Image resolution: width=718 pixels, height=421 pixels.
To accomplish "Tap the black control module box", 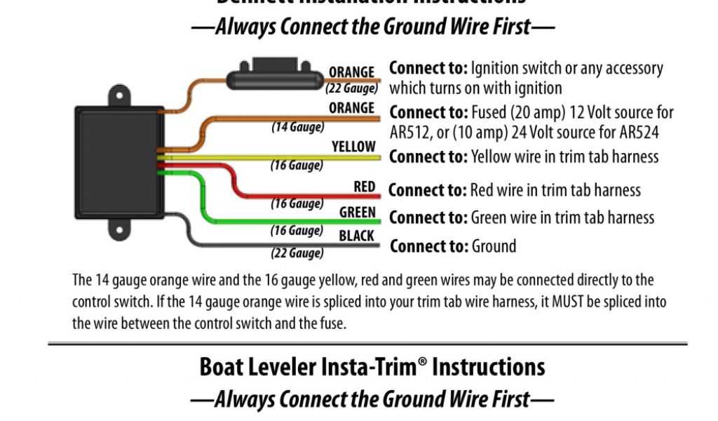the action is pos(119,162).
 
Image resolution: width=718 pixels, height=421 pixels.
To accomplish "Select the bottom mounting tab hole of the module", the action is pos(119,229).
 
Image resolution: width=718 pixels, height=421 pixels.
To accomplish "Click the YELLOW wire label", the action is pos(353,147).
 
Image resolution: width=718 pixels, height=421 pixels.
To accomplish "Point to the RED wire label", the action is pos(364,187).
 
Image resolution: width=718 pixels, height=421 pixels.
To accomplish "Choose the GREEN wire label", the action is pos(357,212).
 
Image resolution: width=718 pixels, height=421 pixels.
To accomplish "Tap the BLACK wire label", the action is pos(356,236).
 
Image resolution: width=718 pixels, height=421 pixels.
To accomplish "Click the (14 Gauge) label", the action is pos(298,127).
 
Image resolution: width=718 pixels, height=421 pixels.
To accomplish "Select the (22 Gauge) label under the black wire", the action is pos(297,253).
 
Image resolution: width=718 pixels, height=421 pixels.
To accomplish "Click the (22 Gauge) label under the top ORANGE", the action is pos(352,88).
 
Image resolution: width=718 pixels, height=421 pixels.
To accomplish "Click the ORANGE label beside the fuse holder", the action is pos(351,72).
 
